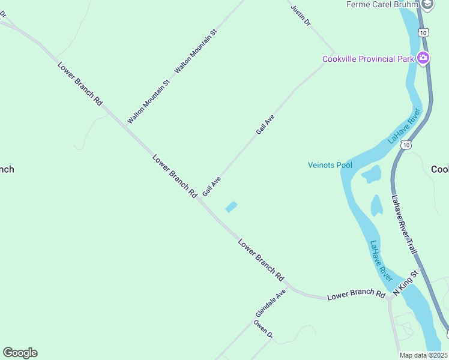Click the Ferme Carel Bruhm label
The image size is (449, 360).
point(382,5)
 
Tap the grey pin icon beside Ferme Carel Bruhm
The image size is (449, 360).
point(427,5)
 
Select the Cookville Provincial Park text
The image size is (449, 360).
point(368,59)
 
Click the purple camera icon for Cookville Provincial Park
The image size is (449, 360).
point(423,58)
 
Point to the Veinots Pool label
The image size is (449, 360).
point(330,165)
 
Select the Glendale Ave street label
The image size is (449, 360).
point(271,304)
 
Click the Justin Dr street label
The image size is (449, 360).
point(301,16)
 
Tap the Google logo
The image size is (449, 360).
point(20,353)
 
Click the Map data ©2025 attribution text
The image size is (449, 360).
point(423,355)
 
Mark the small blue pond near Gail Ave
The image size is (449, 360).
point(231,207)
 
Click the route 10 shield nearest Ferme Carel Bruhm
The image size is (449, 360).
point(424,32)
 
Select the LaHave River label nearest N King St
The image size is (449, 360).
point(381,262)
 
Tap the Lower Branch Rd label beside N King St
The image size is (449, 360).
point(356,295)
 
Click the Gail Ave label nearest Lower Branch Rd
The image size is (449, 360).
point(212,186)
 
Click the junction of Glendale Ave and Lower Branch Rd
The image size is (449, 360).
point(289,287)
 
